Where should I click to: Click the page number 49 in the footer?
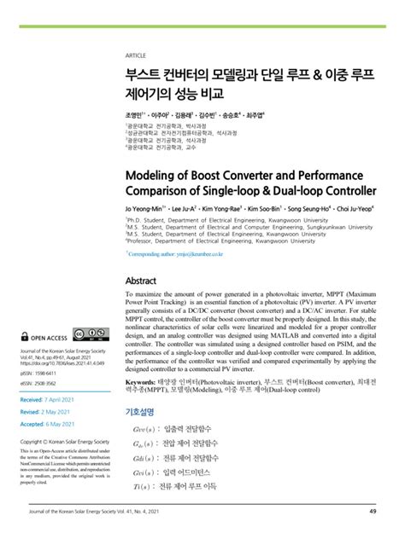(373, 512)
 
